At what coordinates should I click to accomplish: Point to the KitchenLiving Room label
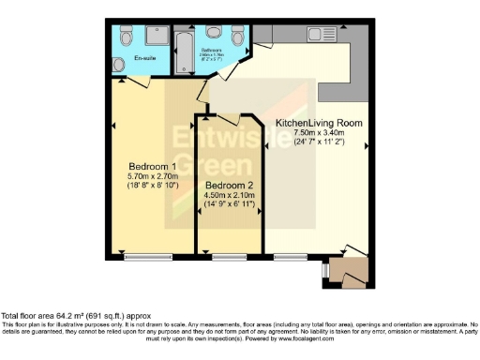(318, 124)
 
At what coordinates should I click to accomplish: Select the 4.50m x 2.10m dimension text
(227, 197)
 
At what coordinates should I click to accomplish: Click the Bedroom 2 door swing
(247, 124)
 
